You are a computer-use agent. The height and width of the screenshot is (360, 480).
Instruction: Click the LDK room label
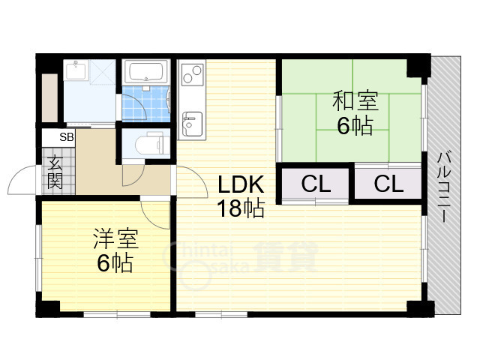point(241,184)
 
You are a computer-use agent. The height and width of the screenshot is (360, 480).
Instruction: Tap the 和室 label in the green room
point(355,100)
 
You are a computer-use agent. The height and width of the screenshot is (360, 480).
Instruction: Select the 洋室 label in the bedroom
point(116,238)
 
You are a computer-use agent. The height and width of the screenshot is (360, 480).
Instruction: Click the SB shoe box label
point(67,137)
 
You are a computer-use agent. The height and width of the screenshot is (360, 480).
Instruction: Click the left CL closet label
point(316,184)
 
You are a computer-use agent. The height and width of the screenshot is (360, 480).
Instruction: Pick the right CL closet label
point(388,184)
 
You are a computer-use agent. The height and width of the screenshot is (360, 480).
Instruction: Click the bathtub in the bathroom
point(145,72)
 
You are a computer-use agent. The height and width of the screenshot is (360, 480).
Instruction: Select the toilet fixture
point(152,143)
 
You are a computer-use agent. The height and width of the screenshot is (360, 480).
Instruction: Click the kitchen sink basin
point(192,124)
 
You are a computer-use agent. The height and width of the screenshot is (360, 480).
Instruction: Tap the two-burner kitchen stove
point(193,74)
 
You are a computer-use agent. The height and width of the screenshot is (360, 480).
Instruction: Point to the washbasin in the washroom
point(76,70)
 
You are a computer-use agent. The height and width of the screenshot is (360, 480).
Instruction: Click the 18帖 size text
point(241,208)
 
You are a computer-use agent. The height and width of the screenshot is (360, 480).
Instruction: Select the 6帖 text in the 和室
point(355,125)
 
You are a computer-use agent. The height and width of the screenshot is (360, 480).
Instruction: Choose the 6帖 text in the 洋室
point(115,263)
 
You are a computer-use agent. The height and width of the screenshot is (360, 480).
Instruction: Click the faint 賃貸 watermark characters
point(285,256)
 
